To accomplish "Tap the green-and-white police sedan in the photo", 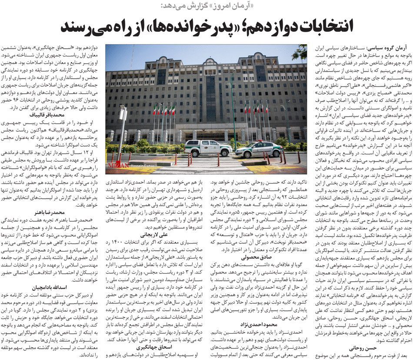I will coord(260,150).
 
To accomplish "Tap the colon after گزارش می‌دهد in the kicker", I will coord(162,5).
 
